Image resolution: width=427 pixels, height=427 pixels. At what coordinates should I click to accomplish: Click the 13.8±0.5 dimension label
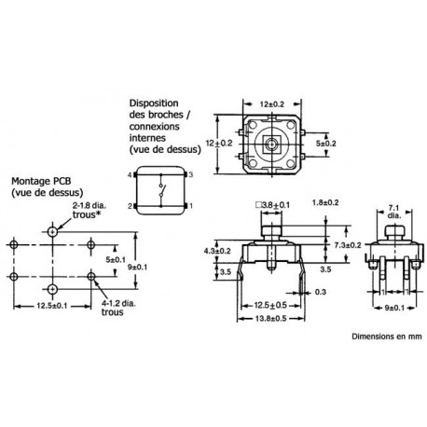(270, 318)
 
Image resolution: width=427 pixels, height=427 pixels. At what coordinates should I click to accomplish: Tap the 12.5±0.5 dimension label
(270, 306)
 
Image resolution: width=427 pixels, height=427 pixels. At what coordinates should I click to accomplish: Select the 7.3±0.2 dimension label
(348, 245)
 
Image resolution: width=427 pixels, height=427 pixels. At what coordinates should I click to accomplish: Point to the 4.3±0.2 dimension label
(217, 251)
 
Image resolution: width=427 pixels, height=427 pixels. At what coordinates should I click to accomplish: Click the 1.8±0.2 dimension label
(325, 202)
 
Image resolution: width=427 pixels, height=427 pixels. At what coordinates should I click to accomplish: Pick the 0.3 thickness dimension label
(321, 292)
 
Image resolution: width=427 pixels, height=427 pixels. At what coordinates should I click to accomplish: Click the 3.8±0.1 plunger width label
(272, 205)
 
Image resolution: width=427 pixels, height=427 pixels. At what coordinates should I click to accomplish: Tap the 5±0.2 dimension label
(326, 144)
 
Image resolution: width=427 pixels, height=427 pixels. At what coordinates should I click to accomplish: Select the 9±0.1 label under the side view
(394, 308)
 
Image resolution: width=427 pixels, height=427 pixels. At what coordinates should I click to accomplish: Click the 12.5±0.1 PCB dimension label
(52, 306)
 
